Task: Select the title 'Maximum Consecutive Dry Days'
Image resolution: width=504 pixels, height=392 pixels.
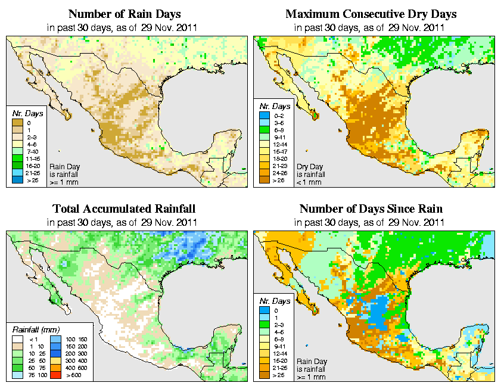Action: tap(371, 14)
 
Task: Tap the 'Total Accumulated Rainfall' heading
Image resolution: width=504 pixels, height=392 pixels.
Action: tap(124, 209)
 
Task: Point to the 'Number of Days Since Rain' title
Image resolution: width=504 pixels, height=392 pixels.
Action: tap(371, 209)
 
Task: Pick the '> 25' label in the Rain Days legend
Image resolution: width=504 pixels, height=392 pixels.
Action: tap(31, 179)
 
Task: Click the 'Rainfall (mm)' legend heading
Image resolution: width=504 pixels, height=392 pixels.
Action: tap(36, 329)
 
